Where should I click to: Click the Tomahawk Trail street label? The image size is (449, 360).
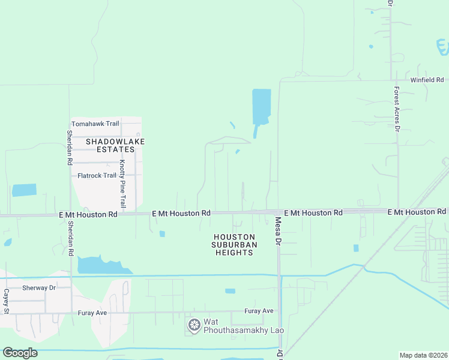point(95,124)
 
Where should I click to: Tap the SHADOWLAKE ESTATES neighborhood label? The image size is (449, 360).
point(115,146)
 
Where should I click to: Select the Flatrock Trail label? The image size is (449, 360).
point(97,176)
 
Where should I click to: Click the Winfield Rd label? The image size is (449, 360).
point(427,80)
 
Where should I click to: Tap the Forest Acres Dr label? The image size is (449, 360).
point(397,108)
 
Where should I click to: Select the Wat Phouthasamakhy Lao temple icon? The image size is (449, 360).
point(194,325)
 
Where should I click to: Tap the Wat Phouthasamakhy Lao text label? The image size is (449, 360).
point(243,326)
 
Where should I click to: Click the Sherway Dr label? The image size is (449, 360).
point(38,288)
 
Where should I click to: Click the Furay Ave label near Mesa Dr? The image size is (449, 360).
point(259,311)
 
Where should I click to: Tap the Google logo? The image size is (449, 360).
point(20,353)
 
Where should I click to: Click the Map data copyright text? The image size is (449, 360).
point(423,355)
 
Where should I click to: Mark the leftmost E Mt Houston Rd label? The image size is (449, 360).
point(89,214)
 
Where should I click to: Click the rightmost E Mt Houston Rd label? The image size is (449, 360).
point(417,212)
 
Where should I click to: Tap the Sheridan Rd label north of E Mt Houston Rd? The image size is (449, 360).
point(70,148)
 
